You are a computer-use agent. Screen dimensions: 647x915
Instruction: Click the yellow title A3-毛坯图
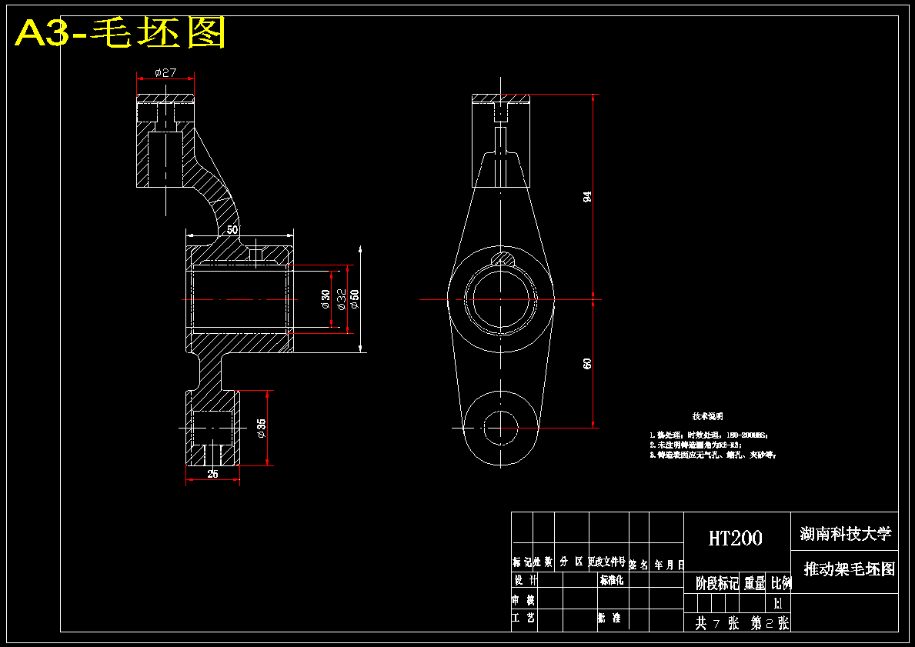click(121, 33)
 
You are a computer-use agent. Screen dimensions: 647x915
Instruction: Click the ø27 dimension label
click(165, 73)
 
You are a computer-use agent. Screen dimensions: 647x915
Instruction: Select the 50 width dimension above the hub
click(232, 229)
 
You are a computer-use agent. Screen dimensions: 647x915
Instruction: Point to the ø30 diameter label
click(326, 299)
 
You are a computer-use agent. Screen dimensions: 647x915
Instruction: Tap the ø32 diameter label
click(341, 298)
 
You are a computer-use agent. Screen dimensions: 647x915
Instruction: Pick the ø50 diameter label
click(355, 299)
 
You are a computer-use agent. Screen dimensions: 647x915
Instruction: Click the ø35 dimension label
click(262, 429)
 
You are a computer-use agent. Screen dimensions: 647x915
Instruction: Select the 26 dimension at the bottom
click(212, 474)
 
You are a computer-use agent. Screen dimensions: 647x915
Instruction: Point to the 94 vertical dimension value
click(588, 196)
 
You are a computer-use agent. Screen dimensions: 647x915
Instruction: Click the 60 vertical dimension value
click(588, 363)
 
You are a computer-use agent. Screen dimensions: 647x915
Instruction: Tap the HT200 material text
click(735, 538)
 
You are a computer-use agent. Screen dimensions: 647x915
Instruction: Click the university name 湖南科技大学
click(844, 533)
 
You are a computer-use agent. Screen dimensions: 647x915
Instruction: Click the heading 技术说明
click(707, 416)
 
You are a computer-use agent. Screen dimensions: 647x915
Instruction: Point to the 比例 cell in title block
click(780, 583)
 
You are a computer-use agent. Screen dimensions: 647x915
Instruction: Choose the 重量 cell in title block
click(754, 583)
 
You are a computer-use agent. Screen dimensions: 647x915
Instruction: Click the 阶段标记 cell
click(716, 583)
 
